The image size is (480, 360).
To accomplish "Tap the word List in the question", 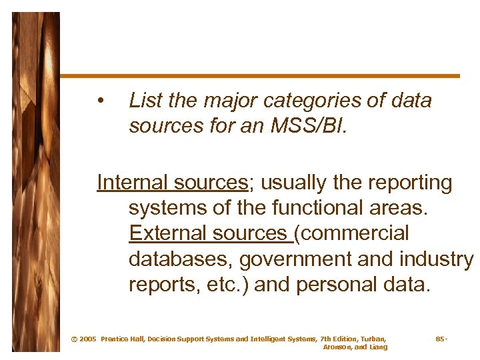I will (145, 101).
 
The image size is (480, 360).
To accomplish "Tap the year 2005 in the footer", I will (87, 339).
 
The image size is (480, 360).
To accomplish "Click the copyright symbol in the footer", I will (74, 339).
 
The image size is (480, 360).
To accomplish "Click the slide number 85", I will (440, 339).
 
